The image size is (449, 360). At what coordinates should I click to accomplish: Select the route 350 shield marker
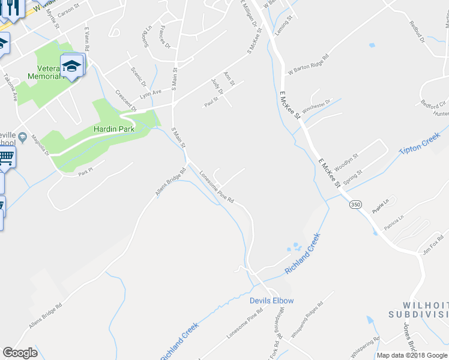tap(355, 205)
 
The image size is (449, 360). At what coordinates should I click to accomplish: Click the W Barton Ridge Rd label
tap(309, 64)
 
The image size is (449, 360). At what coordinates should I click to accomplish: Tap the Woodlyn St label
tap(346, 160)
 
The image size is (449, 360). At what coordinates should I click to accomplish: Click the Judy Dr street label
tap(217, 86)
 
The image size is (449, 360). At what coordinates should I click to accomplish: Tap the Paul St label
tap(210, 103)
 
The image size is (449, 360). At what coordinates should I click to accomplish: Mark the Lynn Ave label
tap(151, 94)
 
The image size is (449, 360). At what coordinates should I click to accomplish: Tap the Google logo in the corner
tap(20, 353)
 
